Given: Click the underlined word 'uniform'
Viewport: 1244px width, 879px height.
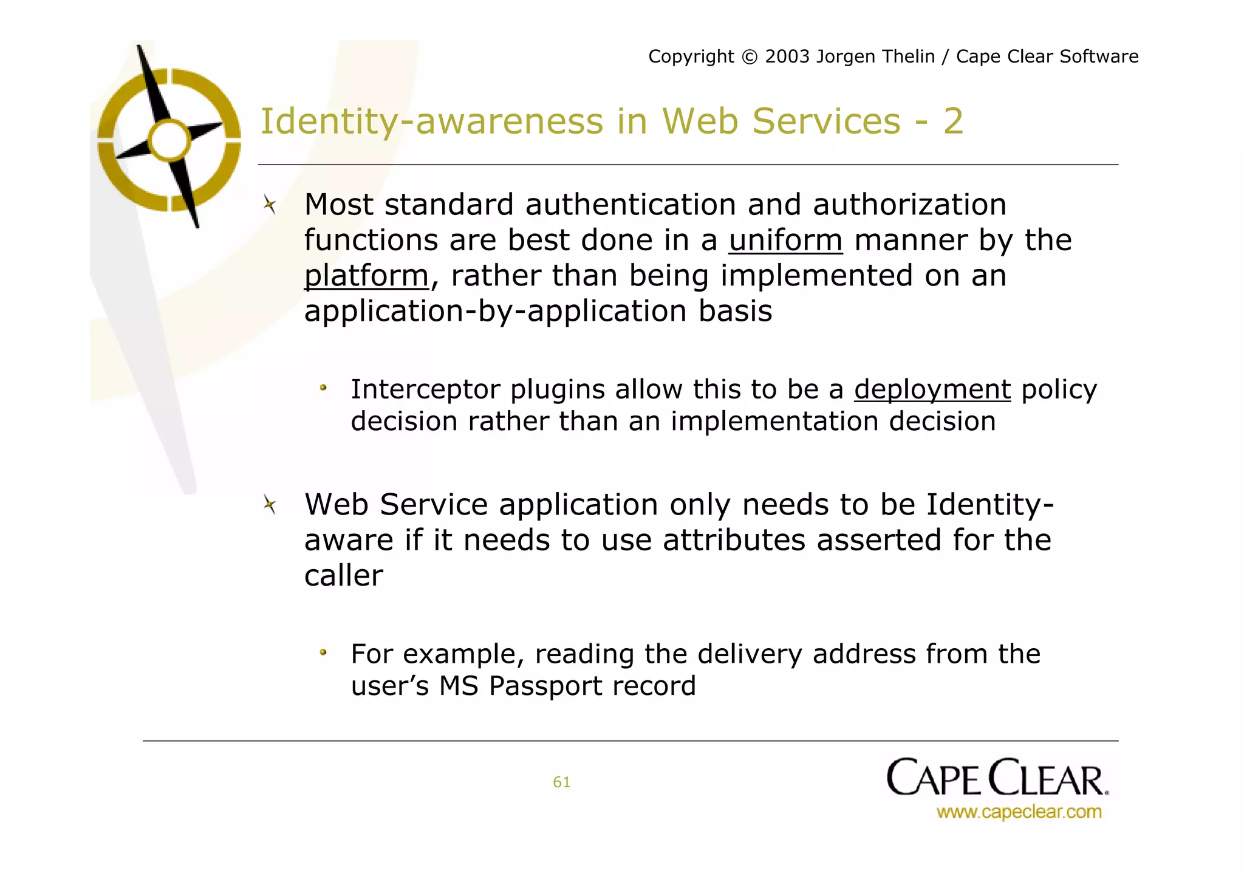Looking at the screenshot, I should pos(785,241).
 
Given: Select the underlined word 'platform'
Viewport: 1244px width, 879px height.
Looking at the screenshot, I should pos(366,276).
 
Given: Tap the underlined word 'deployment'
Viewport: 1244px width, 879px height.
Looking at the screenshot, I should pos(932,389).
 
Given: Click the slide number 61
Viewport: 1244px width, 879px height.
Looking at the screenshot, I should pos(561,782).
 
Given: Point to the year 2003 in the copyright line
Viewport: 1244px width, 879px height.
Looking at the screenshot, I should pos(787,56).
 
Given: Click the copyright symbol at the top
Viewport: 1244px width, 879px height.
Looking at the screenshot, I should pos(750,57).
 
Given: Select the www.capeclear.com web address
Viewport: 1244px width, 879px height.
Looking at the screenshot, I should pos(1019,812).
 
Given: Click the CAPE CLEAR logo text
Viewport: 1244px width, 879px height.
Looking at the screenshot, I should pos(996,778).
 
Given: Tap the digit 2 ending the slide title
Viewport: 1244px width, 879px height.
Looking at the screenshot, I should pos(953,121).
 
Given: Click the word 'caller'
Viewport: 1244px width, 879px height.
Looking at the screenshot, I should pos(344,575).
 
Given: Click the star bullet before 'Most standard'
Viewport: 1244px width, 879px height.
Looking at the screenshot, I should pos(270,205).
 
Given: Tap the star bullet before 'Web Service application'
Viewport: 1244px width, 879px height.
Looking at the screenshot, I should pos(270,505).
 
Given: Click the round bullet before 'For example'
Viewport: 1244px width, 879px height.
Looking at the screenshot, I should pos(324,653).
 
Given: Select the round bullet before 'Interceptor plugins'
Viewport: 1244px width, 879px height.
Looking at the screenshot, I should pos(324,388).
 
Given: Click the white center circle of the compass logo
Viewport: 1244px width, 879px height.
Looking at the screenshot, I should pos(169,140).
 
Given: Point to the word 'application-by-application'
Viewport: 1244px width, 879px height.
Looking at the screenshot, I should pos(496,311).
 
